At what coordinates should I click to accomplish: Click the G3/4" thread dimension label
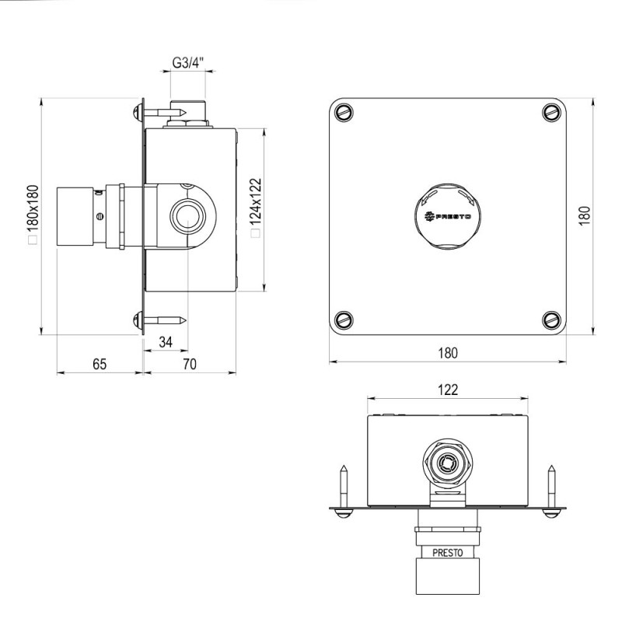187,63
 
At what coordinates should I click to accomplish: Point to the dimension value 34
166,341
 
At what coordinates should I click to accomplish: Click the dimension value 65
100,364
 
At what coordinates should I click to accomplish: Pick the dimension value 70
190,364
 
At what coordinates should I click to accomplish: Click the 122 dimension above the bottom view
448,390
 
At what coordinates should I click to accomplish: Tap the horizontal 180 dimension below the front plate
448,353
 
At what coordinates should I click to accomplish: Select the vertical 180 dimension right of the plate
585,216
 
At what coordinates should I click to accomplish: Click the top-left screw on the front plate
344,112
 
